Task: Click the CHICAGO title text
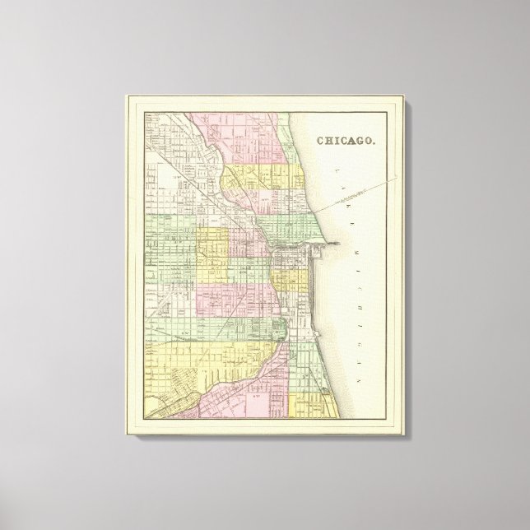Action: tap(346, 140)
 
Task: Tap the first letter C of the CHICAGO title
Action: tap(319, 140)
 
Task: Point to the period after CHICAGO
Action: tap(376, 142)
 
